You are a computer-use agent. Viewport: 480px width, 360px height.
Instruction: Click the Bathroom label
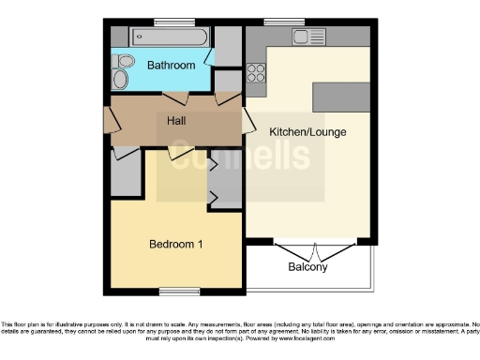[171, 66]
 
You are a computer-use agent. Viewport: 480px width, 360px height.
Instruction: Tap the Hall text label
[176, 121]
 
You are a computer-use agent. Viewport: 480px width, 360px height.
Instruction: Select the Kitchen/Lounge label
[307, 132]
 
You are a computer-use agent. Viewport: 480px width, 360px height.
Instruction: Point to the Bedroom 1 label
[177, 245]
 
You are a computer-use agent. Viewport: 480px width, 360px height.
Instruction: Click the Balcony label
[307, 267]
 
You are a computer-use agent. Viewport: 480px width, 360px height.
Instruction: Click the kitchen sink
[307, 37]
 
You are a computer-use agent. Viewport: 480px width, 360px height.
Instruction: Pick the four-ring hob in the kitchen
[256, 72]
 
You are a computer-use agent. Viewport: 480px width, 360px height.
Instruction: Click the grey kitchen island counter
[341, 96]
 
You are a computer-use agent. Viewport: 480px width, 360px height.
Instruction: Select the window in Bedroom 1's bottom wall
[177, 290]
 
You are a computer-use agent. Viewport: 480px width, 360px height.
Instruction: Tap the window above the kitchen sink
[277, 22]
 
